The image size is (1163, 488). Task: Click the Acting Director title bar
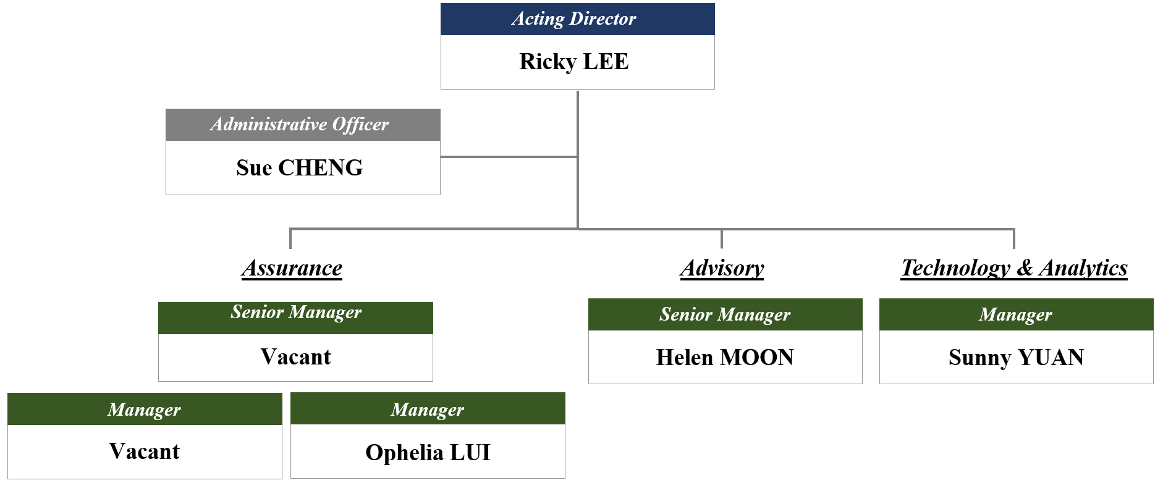577,19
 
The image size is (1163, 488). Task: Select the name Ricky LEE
573,62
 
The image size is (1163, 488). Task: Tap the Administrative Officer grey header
303,125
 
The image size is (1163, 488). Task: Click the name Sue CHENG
299,167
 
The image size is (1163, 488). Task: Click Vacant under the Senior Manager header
295,357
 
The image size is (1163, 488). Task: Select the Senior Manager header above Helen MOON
725,314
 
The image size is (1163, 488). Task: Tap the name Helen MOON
725,357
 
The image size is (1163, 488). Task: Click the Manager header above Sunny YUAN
1015,314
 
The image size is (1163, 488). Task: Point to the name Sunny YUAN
1015,357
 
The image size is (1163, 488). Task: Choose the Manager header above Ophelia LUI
427,409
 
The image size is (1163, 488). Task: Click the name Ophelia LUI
428,452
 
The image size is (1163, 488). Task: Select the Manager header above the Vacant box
144,409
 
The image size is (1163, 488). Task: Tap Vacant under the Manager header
144,452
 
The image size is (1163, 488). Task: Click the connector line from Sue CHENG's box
508,157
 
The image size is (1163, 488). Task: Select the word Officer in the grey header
360,125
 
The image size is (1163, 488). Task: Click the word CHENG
320,167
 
